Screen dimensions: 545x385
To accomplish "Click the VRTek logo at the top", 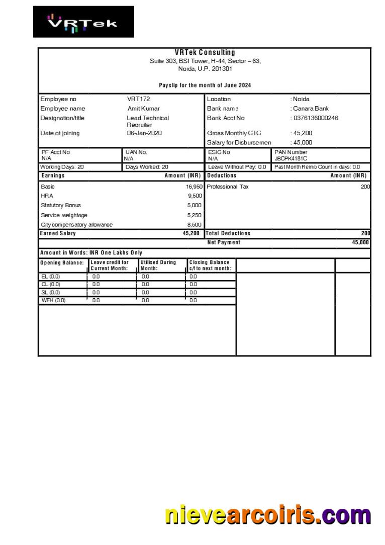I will coord(83,22).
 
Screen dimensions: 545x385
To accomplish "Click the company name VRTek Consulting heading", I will coord(205,52).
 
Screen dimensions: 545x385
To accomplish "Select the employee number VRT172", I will coord(138,99).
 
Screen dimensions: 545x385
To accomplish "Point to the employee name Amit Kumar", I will coord(143,109).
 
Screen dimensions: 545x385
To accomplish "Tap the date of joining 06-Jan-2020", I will coord(144,133).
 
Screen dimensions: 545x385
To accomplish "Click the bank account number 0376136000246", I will coord(316,118).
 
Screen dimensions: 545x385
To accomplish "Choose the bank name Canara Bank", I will coord(311,109).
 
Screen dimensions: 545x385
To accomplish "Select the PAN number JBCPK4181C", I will coord(291,158).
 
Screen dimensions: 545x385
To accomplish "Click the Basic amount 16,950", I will coord(194,187).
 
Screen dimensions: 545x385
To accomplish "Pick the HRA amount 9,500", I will coord(195,196).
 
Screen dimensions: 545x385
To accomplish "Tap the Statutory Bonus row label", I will coord(60,205).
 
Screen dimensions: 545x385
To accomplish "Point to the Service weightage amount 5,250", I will coord(195,215).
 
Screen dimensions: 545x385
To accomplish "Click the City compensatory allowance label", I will coord(76,225).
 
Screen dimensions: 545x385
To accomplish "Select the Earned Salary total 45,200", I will coord(191,233).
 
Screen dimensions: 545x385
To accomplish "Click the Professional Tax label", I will coord(227,187).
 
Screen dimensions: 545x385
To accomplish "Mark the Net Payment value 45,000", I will coord(360,242).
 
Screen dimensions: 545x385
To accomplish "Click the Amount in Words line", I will coord(91,253).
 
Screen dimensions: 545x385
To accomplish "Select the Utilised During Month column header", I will coord(158,265).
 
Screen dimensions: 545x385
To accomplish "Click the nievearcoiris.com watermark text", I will coord(268,516).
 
